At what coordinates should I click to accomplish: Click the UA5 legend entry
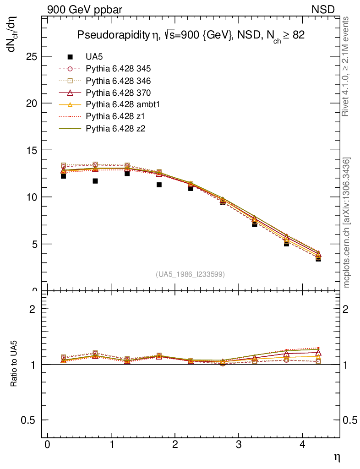tap(95, 57)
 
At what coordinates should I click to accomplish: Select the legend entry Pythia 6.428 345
tap(118, 69)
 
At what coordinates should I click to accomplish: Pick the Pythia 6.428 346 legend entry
tap(118, 81)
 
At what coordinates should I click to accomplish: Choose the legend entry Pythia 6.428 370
tap(118, 93)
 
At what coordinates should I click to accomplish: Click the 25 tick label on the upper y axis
tap(32, 56)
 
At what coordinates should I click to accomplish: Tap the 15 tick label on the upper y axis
tap(32, 150)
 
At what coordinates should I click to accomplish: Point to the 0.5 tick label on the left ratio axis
tap(28, 420)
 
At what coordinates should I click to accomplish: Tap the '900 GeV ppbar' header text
tap(85, 9)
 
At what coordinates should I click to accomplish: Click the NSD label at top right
tap(323, 9)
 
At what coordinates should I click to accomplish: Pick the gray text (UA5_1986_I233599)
tap(191, 274)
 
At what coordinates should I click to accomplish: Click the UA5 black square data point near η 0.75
tap(95, 181)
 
